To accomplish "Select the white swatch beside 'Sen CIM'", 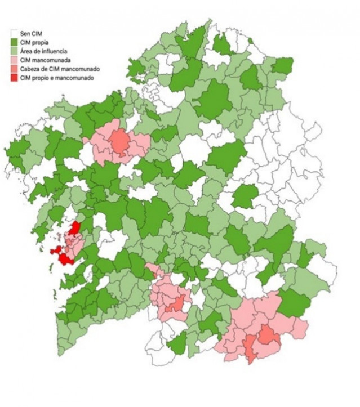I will (15, 33).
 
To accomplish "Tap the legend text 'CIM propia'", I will (33, 42).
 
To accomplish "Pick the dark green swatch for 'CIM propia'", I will (15, 42).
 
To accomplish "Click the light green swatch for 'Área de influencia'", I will (15, 51).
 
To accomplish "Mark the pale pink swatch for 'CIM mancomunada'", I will (15, 60).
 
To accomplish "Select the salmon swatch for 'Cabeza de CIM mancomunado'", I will (15, 69).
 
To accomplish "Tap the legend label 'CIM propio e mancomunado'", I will (57, 78).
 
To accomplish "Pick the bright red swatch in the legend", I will (15, 78).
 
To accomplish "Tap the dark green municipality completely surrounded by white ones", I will (245, 195).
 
